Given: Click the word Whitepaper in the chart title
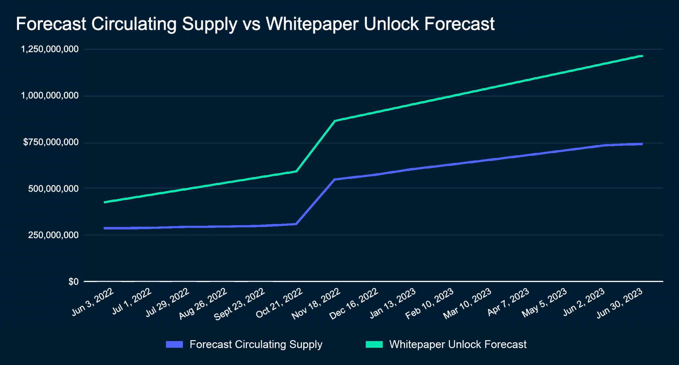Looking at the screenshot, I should [x=312, y=24].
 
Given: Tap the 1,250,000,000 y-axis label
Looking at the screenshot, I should [x=50, y=49].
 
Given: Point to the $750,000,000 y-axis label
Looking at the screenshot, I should [x=51, y=142].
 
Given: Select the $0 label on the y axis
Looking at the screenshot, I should [x=73, y=282].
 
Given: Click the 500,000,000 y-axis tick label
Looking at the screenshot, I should [x=53, y=189].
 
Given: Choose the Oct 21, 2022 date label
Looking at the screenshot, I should [x=279, y=303].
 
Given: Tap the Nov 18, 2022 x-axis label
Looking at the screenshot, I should [x=316, y=304].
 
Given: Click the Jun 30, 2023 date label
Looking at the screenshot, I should [x=619, y=303].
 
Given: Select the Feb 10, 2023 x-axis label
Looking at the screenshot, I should [x=429, y=304].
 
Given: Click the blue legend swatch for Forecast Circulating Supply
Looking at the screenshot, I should [x=174, y=344].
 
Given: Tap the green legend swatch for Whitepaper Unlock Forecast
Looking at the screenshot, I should [x=374, y=344].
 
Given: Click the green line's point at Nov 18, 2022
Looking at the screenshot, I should [x=335, y=121].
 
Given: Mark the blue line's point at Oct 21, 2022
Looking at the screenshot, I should [x=297, y=224].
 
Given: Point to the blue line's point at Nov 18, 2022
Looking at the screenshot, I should [x=335, y=179].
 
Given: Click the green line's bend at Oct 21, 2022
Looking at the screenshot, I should [x=297, y=171].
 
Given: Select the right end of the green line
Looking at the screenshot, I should [x=642, y=56].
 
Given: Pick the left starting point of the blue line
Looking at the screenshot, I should [x=105, y=228].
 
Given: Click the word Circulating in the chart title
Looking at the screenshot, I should [x=134, y=24].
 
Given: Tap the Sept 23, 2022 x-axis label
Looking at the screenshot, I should [x=239, y=304].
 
